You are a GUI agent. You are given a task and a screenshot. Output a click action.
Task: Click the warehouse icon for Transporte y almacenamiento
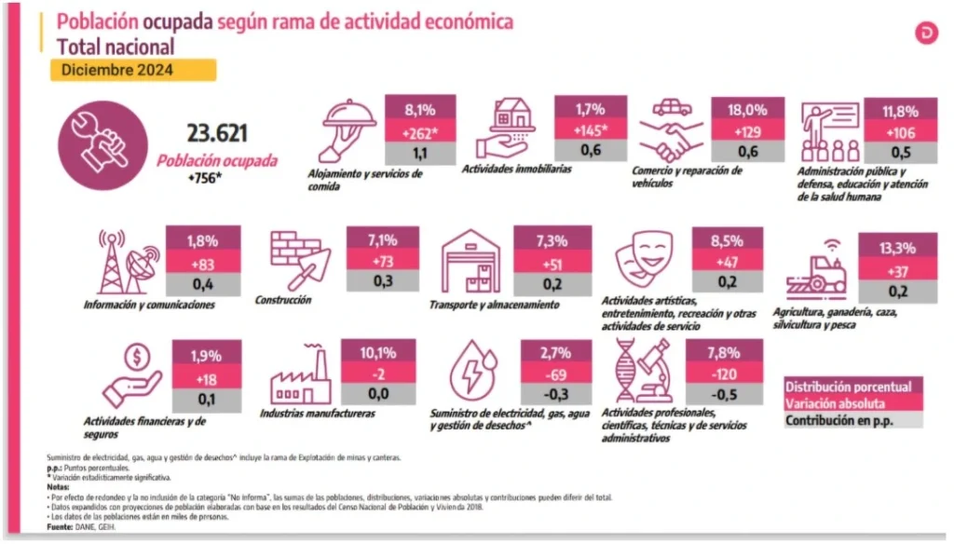(x=471, y=262)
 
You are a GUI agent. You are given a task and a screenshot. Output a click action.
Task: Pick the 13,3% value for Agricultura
(x=897, y=248)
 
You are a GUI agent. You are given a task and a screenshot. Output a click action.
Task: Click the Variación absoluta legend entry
(x=836, y=403)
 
